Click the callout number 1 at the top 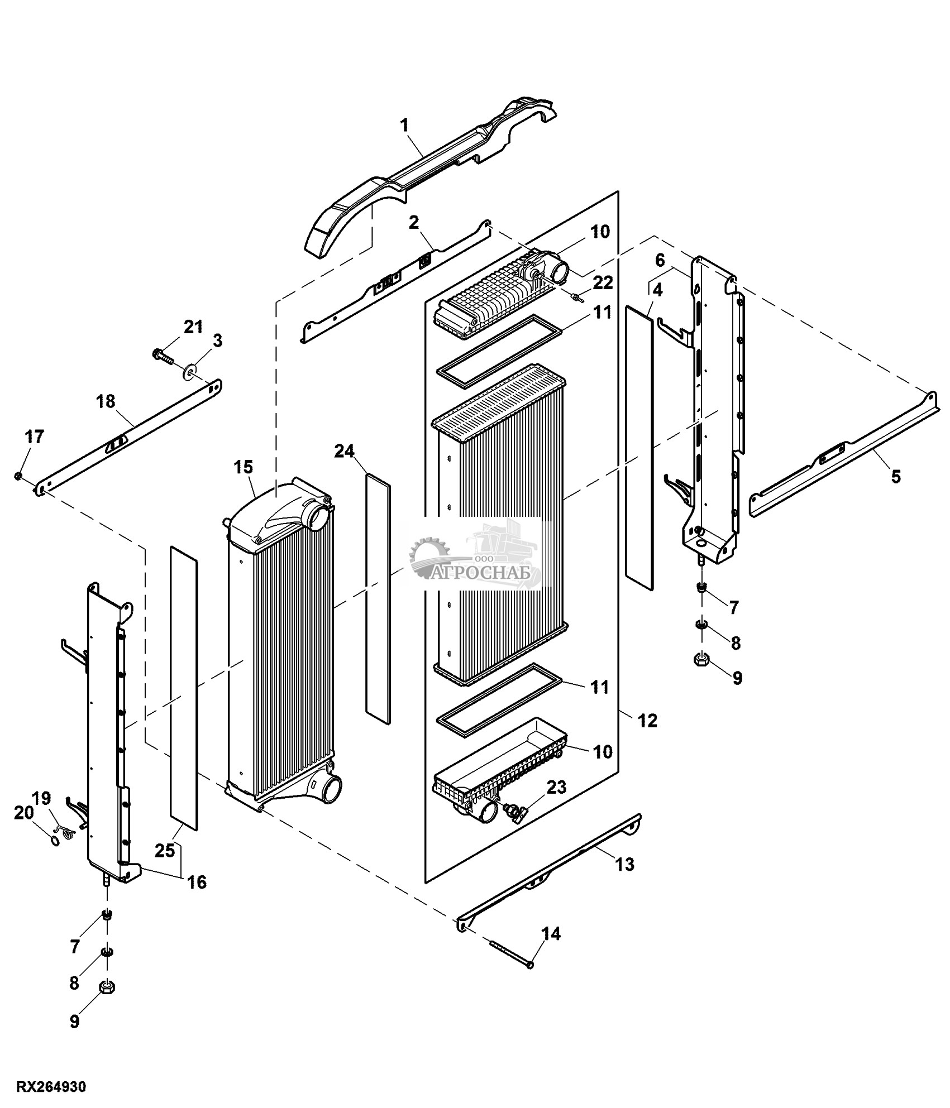[x=404, y=126]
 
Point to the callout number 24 [x=344, y=450]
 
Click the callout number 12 [x=647, y=720]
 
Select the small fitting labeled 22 [x=576, y=298]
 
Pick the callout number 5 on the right [x=895, y=476]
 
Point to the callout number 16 [x=196, y=881]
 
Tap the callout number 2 [x=413, y=223]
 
